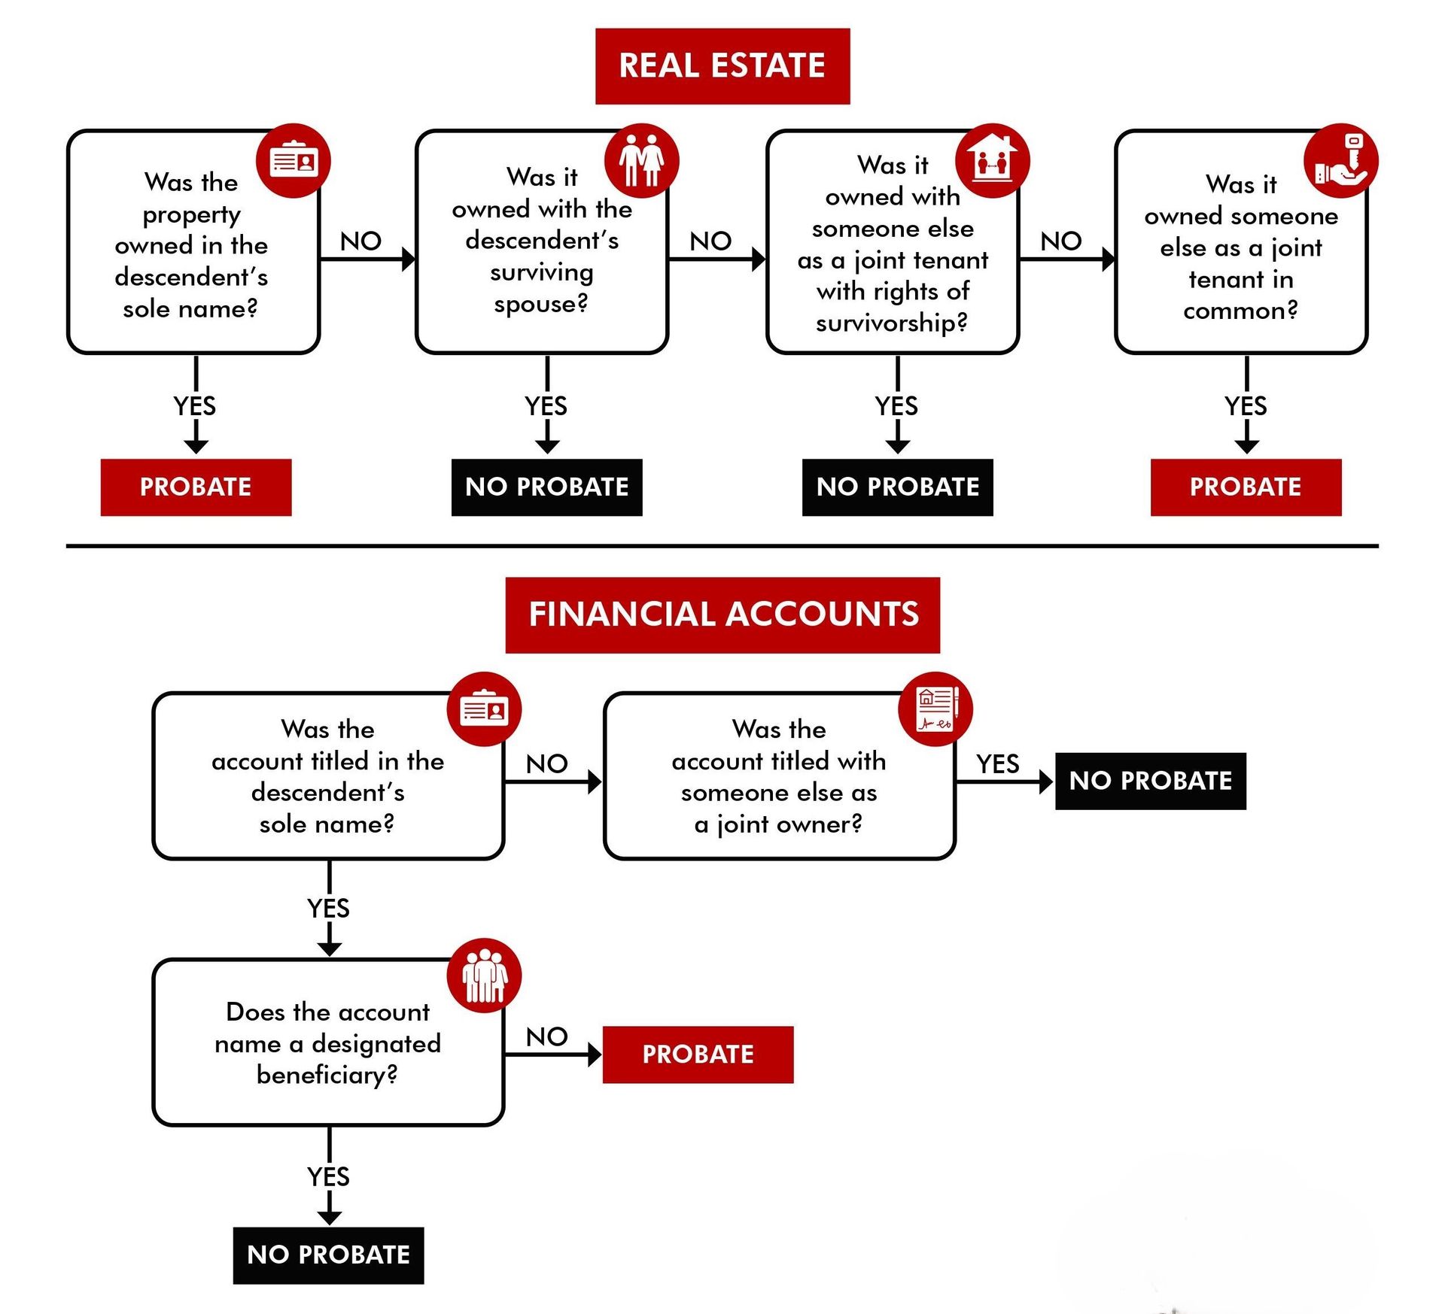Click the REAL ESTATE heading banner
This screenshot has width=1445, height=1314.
tap(722, 66)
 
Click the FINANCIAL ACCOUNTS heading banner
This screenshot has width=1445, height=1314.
tap(722, 615)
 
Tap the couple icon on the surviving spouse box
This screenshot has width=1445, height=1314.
tap(641, 160)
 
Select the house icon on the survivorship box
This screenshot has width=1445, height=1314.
tap(991, 160)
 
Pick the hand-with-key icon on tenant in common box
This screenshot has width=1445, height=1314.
tap(1340, 160)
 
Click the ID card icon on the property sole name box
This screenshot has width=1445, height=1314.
tap(294, 160)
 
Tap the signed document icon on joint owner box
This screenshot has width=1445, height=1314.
tap(935, 709)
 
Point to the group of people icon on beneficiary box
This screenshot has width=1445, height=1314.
tap(484, 976)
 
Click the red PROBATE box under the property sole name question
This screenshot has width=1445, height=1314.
tap(196, 487)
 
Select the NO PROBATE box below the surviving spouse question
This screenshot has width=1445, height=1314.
tap(546, 487)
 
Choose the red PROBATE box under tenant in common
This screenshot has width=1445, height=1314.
tap(1246, 487)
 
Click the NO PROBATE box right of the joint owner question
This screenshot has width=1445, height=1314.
tap(1150, 781)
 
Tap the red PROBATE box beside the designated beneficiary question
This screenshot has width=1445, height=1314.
tap(698, 1055)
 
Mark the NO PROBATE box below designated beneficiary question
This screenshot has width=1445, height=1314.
tap(328, 1255)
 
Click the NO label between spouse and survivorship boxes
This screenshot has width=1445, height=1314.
tap(710, 241)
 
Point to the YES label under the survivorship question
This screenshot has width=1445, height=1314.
tap(896, 406)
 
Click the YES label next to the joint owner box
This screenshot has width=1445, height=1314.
tap(997, 764)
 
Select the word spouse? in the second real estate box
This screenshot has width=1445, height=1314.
tap(541, 304)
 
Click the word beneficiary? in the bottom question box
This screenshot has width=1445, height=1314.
tap(327, 1075)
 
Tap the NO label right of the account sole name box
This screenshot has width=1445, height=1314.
tap(546, 764)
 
